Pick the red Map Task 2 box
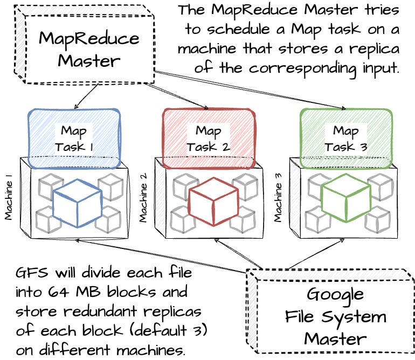coord(209,137)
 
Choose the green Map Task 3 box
coord(345,137)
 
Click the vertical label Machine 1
coord(9,200)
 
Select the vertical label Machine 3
coord(278,200)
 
